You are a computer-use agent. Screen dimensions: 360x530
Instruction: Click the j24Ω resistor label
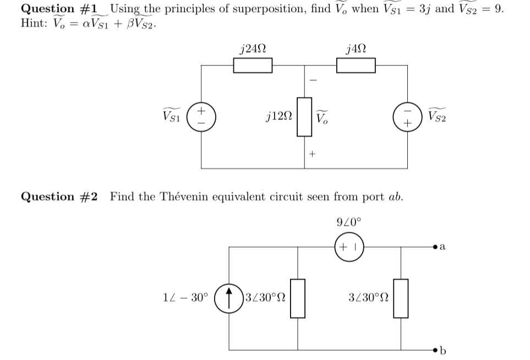(254, 48)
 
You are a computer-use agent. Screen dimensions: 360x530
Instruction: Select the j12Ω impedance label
(278, 117)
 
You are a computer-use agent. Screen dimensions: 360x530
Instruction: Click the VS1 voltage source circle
(202, 116)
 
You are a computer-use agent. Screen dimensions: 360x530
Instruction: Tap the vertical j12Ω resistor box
(305, 117)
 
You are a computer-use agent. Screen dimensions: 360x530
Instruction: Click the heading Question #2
(59, 197)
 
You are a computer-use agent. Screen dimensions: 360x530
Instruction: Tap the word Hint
(34, 24)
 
